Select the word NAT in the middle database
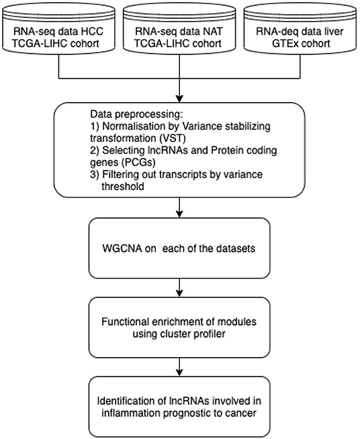[x=213, y=32]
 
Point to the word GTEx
[x=283, y=44]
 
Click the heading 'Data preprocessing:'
[x=136, y=115]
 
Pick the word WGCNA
[x=122, y=248]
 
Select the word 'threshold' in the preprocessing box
[x=123, y=186]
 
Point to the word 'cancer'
[x=242, y=413]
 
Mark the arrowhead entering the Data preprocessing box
[x=179, y=99]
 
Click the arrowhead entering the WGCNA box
[x=179, y=214]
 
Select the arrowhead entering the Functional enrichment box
[x=179, y=293]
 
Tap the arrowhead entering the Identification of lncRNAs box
[x=179, y=373]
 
